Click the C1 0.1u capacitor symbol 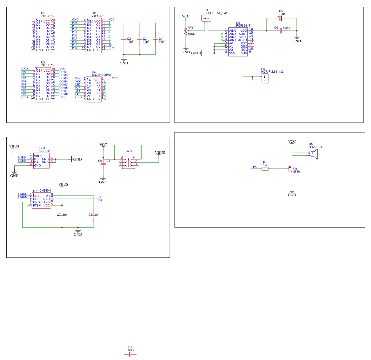tap(130, 354)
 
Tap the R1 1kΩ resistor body tap(265, 169)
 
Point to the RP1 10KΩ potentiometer tap(186, 31)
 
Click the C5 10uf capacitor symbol tap(281, 18)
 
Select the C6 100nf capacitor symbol tap(281, 31)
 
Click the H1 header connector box tap(206, 18)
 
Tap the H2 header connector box tap(265, 78)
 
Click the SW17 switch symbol tap(129, 162)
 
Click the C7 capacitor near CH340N tap(62, 217)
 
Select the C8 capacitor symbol tap(94, 217)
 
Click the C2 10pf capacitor tap(124, 39)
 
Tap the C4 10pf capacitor tap(156, 39)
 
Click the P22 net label tap(255, 167)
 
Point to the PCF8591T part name tap(243, 26)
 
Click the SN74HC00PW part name tap(102, 75)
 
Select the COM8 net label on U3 tap(63, 94)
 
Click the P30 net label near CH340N tap(100, 197)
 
